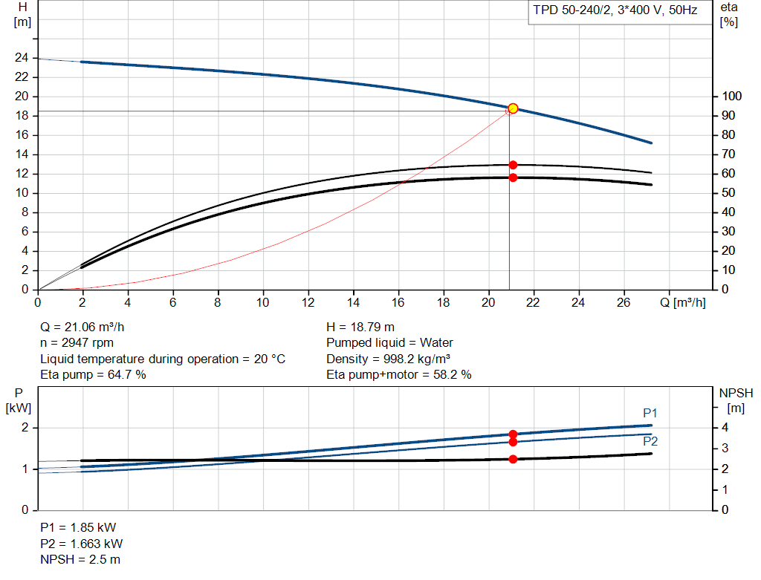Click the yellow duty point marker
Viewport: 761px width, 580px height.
[x=513, y=108]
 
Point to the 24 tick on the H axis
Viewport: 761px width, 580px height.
[x=22, y=58]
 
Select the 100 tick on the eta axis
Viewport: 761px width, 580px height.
[x=731, y=97]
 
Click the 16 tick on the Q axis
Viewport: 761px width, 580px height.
[x=398, y=303]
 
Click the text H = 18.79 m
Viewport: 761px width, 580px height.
[x=360, y=327]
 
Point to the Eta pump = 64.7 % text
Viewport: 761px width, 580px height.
[x=93, y=375]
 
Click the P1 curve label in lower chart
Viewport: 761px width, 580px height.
[x=650, y=413]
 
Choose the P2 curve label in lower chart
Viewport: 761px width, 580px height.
[x=650, y=441]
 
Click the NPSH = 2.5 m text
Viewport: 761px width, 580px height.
[x=80, y=558]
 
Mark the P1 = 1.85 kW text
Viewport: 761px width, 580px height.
[x=78, y=527]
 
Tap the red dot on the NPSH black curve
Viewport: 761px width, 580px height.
[x=513, y=459]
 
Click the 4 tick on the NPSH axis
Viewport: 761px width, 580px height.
[x=725, y=428]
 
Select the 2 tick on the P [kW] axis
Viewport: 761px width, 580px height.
[x=25, y=428]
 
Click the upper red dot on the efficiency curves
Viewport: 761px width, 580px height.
[x=513, y=165]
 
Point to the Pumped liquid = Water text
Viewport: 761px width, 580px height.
[x=389, y=343]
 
